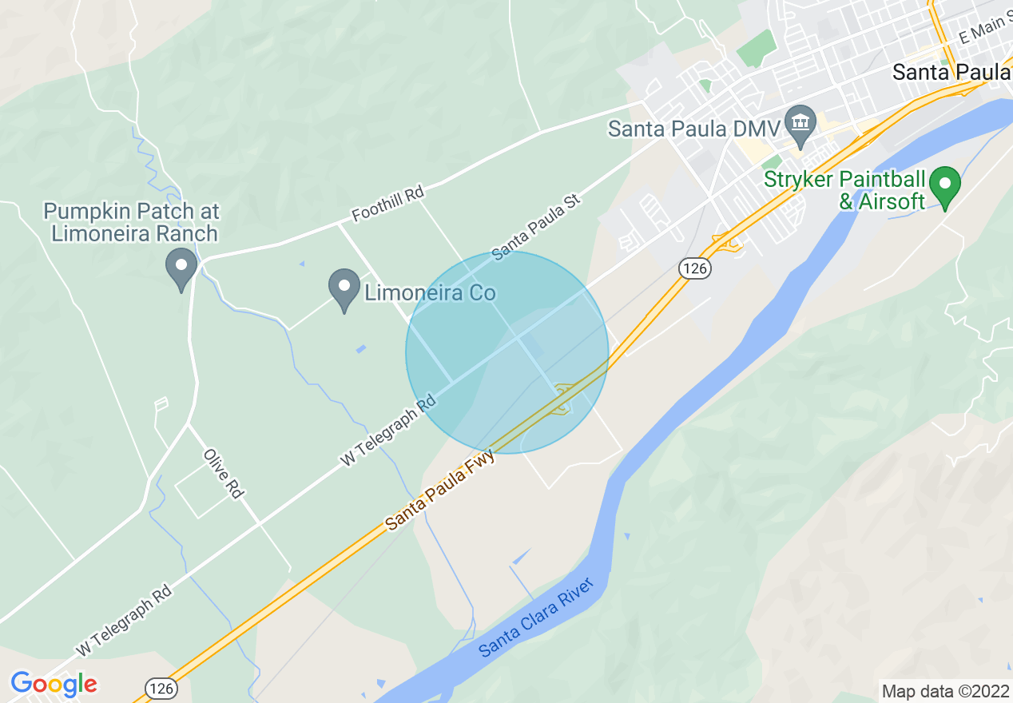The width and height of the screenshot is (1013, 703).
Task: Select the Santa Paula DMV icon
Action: click(x=799, y=123)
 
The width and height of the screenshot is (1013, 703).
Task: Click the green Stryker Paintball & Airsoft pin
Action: click(x=946, y=186)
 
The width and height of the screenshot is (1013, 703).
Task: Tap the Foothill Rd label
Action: click(x=387, y=205)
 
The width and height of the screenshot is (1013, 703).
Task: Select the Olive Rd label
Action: click(x=223, y=474)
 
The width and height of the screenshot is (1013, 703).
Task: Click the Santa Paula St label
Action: click(x=534, y=228)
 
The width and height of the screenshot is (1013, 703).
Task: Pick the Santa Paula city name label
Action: click(x=951, y=73)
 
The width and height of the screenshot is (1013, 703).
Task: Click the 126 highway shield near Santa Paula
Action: click(x=695, y=269)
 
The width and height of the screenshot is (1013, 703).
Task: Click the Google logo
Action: click(x=54, y=685)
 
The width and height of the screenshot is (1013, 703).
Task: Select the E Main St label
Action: click(x=985, y=33)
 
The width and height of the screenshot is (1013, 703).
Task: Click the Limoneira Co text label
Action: click(x=430, y=293)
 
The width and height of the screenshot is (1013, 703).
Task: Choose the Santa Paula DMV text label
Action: click(x=692, y=129)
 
